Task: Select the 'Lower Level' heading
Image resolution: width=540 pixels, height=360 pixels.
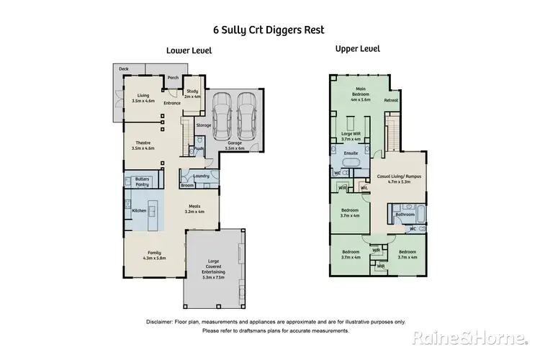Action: pos(189,50)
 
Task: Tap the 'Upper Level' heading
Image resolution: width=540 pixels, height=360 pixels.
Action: pos(358,49)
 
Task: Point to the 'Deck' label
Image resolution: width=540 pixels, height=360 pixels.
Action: pos(123,69)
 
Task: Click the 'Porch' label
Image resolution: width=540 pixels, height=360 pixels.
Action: pos(173,78)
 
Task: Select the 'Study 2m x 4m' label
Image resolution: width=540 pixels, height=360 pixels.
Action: pos(192,94)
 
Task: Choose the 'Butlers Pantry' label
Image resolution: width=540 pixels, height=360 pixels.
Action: pos(142,181)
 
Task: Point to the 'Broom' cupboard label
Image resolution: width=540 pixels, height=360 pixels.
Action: pos(187,185)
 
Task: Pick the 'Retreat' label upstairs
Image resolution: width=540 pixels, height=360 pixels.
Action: pos(391,100)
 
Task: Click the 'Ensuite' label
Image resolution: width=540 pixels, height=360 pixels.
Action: pos(351,153)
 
